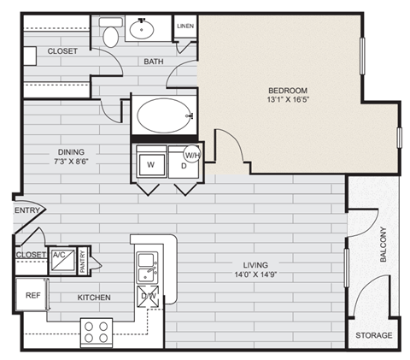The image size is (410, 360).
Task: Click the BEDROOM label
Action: coord(288,91)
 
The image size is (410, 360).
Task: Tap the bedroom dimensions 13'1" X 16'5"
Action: coord(288,101)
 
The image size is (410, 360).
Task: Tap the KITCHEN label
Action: coord(94,297)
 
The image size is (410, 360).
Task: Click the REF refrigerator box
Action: coord(32,295)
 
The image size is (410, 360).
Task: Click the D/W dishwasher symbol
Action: coord(148,299)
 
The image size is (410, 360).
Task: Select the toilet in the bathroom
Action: coord(110,36)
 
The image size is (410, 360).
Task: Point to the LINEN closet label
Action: coord(186,27)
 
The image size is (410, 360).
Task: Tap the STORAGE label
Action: coord(373,335)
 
